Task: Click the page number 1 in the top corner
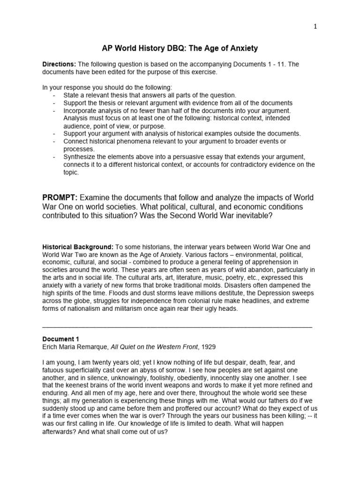coord(315,27)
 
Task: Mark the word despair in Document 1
coord(222,362)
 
